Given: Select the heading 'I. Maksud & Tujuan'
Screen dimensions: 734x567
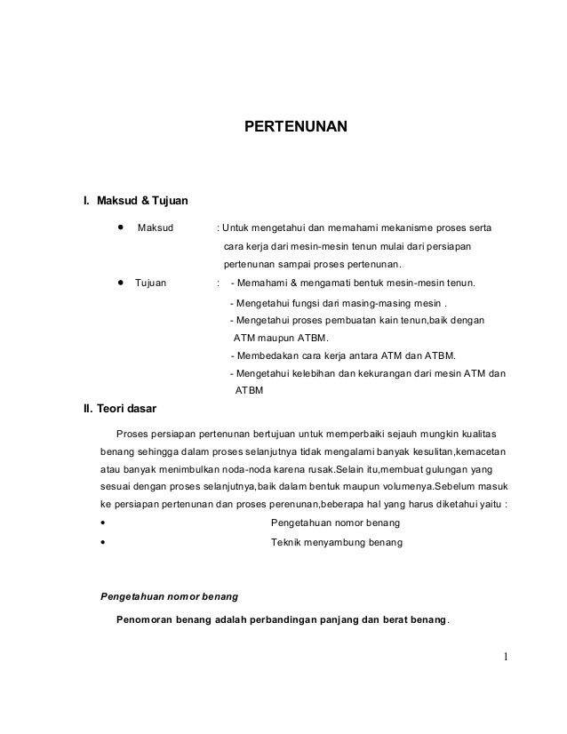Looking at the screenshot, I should click(135, 198).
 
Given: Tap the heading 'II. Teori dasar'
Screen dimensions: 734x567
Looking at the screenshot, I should click(119, 410).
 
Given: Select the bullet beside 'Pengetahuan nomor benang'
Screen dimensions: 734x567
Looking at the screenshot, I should click(104, 523).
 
